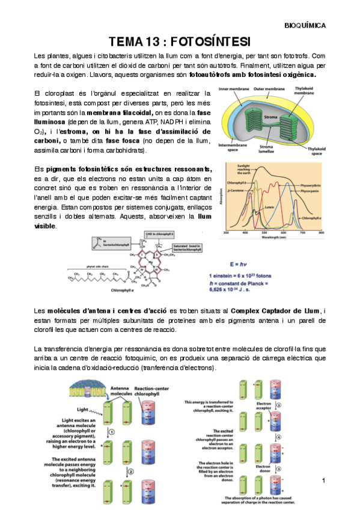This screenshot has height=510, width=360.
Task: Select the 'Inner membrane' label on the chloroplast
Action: pos(233,88)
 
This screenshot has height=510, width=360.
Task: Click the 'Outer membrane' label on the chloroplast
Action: pos(268,88)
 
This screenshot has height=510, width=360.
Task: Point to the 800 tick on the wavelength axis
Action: pos(321,232)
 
